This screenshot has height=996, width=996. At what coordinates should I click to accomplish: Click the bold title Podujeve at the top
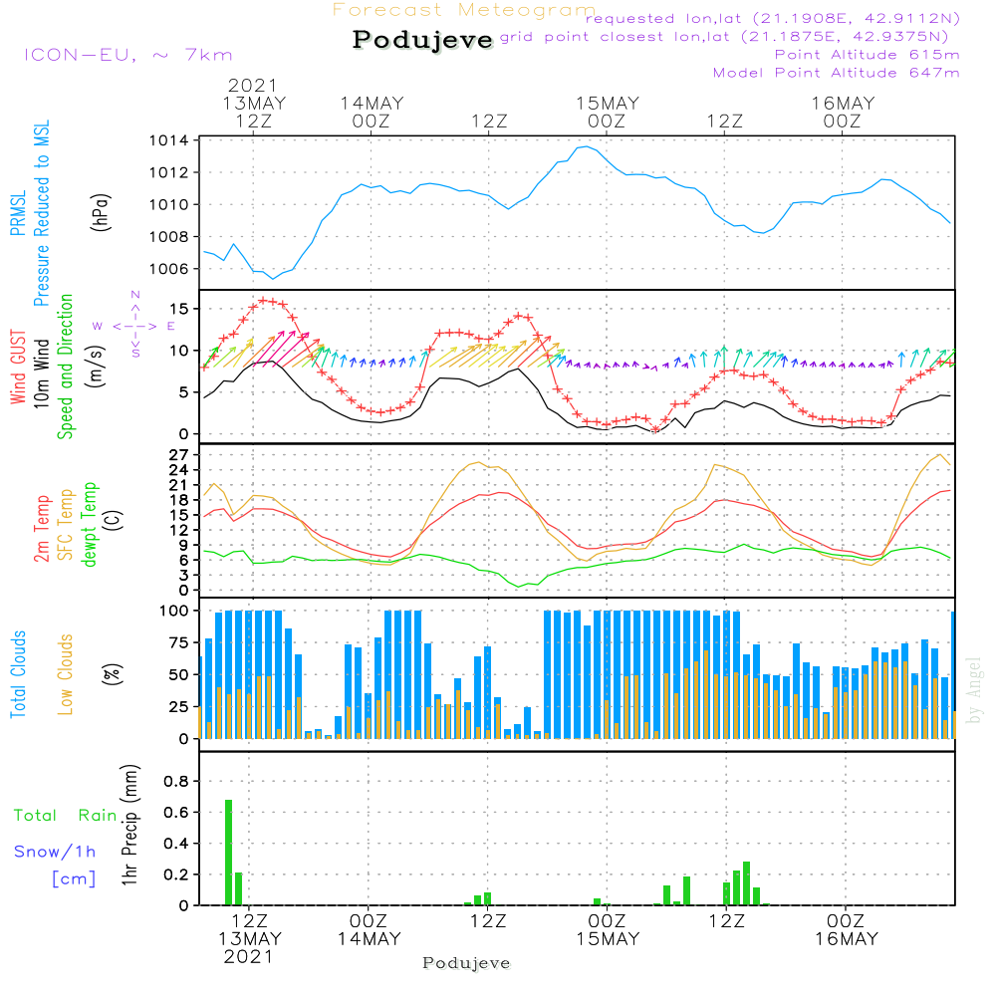click(423, 40)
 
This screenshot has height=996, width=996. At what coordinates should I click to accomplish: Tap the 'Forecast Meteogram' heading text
click(464, 11)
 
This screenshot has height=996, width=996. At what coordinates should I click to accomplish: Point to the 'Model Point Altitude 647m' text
click(837, 73)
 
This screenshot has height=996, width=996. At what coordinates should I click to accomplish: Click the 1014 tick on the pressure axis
click(170, 140)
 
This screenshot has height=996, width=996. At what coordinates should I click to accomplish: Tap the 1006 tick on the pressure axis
click(170, 269)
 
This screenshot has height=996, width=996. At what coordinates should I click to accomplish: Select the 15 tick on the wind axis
click(179, 308)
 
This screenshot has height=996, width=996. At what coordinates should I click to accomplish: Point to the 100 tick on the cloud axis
click(174, 611)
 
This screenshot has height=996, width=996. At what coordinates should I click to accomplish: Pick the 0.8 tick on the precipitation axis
click(176, 781)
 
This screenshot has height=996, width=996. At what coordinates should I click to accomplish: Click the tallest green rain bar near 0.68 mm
click(228, 852)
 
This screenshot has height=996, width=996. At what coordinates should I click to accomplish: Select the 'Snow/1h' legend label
click(55, 852)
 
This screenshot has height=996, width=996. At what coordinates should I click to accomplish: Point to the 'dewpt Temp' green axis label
click(90, 525)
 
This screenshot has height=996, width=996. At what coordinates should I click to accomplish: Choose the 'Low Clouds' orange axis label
click(66, 674)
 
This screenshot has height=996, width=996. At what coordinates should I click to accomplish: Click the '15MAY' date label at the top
click(607, 104)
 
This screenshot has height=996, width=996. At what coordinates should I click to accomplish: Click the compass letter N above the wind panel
click(135, 295)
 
